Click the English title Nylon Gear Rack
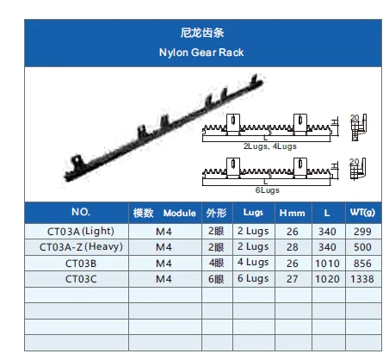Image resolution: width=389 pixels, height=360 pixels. point(201,53)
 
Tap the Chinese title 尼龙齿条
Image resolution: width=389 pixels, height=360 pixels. point(202,33)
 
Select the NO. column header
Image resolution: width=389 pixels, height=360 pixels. point(81,212)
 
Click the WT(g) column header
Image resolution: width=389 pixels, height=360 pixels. point(362,213)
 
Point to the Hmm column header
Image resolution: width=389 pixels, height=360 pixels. point(293,213)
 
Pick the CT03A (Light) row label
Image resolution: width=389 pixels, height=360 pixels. point(81,232)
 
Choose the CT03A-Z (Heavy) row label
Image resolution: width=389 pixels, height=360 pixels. point(81,247)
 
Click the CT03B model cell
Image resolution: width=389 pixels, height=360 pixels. point(81,264)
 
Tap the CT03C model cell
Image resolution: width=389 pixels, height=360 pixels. point(81,279)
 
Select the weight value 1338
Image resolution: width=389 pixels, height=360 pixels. point(362,279)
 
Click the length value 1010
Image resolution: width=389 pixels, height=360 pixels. point(327,264)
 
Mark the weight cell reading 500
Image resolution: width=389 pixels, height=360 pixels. point(362,247)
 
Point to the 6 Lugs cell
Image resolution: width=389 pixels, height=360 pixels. point(253,279)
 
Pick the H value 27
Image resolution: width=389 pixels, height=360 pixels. point(293,279)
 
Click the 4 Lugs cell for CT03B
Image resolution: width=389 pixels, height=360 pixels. point(253,263)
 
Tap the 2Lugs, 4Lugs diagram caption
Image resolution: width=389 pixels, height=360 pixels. point(270,146)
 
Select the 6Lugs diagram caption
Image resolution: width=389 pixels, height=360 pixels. point(268,190)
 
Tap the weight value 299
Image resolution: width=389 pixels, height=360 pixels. point(362,232)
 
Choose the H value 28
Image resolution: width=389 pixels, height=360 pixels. point(293,247)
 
